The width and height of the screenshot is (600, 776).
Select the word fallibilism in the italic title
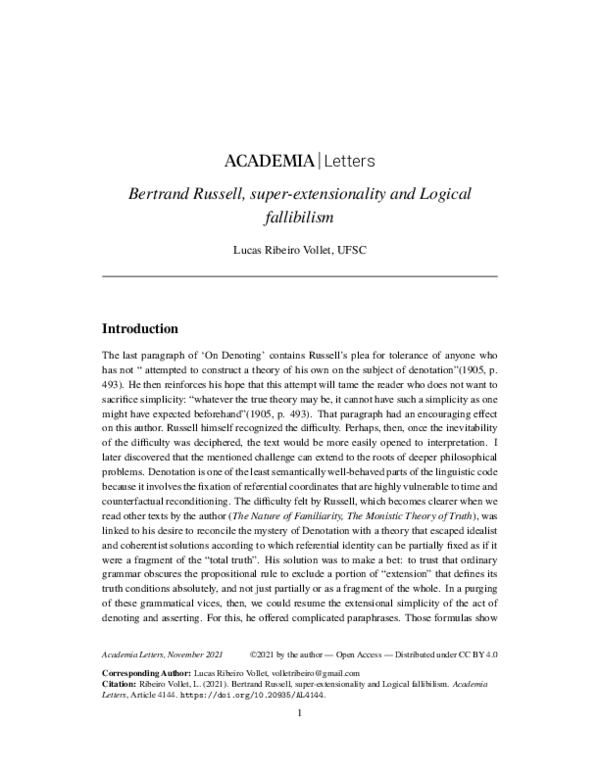pos(299,214)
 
